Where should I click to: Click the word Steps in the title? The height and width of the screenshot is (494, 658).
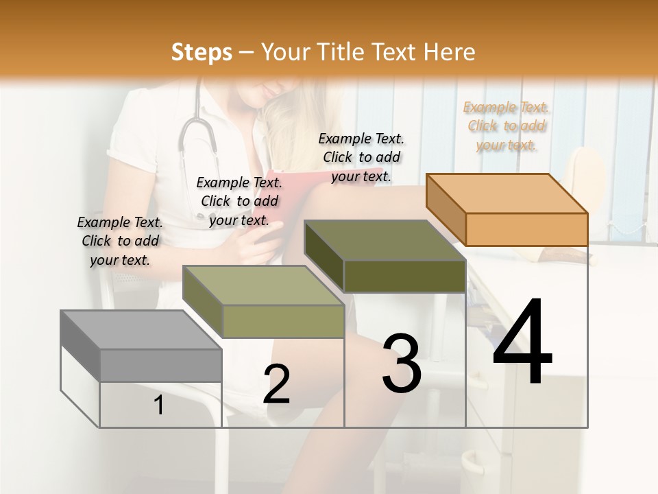click(x=202, y=52)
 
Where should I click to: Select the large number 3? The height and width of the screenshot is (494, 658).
click(x=402, y=364)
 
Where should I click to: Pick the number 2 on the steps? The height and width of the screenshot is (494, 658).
click(x=276, y=384)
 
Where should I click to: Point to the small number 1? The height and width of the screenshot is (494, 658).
click(x=159, y=405)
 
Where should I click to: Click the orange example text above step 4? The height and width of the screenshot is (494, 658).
click(x=506, y=126)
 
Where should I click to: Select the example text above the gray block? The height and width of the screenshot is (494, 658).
click(x=120, y=241)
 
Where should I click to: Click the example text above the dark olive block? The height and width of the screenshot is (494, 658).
click(x=361, y=157)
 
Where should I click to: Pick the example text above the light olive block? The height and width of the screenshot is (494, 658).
click(x=239, y=201)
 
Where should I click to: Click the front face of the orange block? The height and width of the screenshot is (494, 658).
click(x=526, y=229)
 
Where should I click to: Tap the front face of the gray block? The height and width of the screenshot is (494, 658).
click(x=161, y=365)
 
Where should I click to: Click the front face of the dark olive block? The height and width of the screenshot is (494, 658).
click(x=404, y=276)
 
